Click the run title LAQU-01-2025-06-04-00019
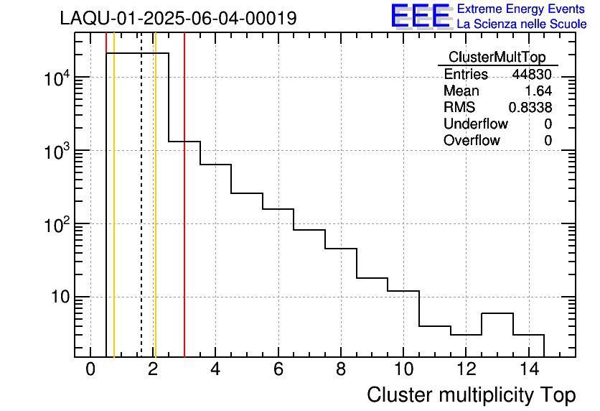[178, 18]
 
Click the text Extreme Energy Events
[522, 9]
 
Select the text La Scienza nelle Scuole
[522, 24]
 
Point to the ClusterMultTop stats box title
[497, 57]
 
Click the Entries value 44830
[532, 75]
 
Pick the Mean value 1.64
[539, 91]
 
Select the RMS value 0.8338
[530, 108]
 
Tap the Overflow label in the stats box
[472, 141]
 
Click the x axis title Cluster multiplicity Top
[471, 394]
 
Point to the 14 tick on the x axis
[528, 370]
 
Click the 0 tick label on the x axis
[90, 370]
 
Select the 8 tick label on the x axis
[340, 370]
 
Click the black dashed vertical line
[141, 216]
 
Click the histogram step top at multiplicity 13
[497, 313]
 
